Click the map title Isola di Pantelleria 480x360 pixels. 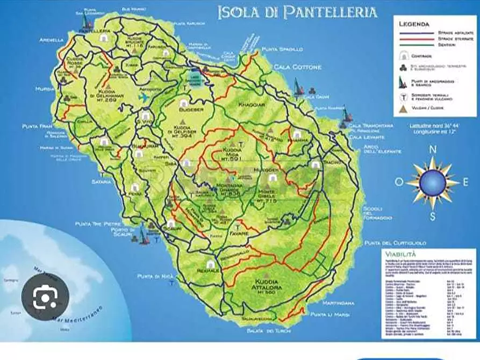[297, 12]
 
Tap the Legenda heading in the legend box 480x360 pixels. [414, 24]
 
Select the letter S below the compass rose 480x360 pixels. [432, 216]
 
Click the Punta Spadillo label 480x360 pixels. [282, 49]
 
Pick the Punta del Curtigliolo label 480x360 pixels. [390, 243]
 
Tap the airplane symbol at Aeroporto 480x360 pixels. [144, 98]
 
